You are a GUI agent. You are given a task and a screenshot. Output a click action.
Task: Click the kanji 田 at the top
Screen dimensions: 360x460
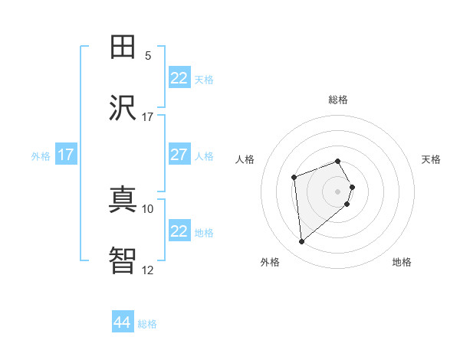coord(123,47)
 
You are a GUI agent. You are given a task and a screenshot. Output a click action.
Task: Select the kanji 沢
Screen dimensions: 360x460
coord(123,108)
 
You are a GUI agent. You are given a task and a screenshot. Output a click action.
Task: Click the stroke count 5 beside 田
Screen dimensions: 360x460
coord(148,55)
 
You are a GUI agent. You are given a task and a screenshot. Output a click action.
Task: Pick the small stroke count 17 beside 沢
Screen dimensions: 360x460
coord(148,116)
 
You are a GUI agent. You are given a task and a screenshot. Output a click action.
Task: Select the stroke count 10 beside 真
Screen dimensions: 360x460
coord(148,208)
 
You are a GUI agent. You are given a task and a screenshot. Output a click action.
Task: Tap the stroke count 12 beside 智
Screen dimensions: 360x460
coord(148,270)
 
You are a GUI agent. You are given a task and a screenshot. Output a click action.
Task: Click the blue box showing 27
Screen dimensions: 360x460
coord(179,155)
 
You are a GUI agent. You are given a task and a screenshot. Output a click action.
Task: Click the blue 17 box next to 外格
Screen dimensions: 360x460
coord(66,155)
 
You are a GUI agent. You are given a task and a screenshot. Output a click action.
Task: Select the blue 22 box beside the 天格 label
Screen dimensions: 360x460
coord(179,78)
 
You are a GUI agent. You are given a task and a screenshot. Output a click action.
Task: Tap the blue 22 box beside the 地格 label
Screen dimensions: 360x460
coord(179,231)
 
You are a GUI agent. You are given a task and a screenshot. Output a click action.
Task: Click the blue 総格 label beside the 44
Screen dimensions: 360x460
coord(147,324)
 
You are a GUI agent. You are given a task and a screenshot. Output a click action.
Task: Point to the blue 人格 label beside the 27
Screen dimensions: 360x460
coord(204,156)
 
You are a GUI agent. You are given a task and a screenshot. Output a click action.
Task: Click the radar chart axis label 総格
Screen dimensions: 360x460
coord(338,100)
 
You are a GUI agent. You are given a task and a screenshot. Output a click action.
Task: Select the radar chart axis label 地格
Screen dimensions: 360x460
coord(402,263)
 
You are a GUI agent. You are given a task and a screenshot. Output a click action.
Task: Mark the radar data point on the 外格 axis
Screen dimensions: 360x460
coord(302,242)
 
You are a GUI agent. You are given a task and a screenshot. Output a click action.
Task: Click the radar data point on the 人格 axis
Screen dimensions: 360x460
coord(294,178)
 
